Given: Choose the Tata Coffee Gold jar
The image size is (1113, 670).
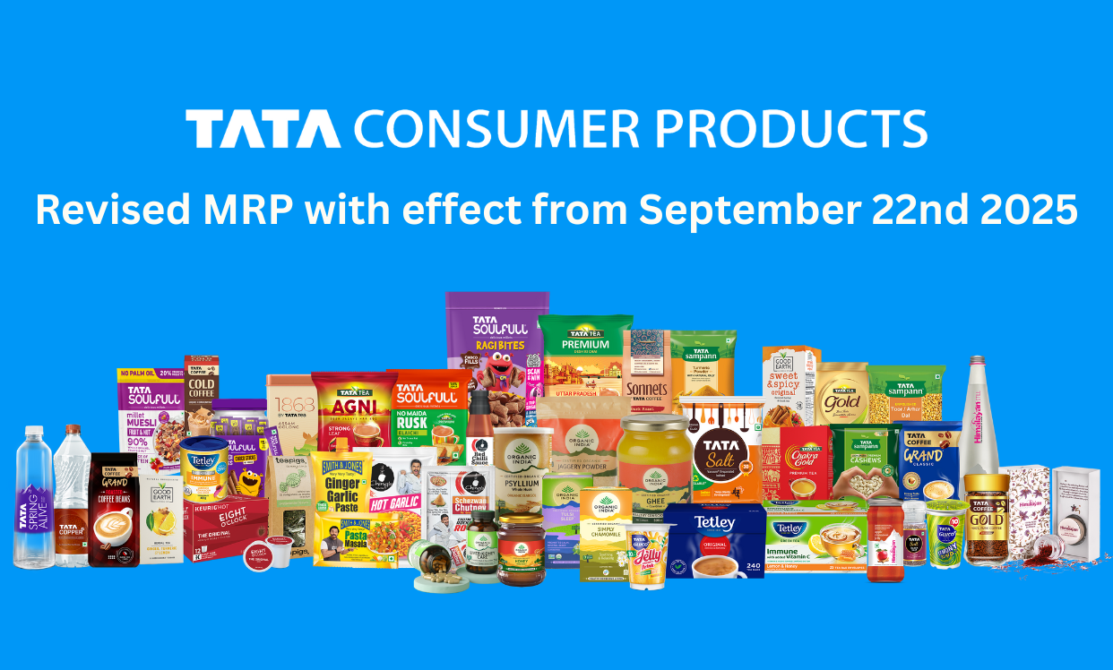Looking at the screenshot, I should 987,519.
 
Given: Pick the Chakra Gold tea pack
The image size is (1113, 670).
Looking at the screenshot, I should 804,461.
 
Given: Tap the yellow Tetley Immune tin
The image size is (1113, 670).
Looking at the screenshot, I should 205,470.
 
